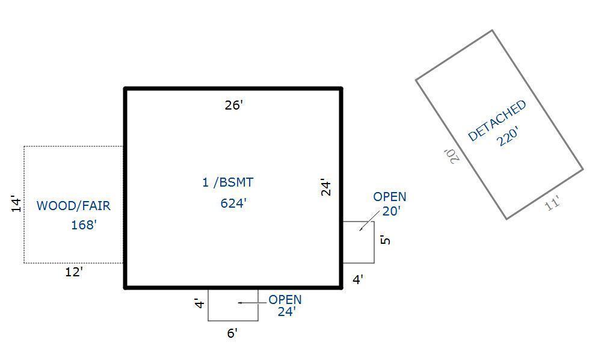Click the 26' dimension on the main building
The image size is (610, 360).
tap(233, 105)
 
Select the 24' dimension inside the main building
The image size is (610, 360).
tap(325, 187)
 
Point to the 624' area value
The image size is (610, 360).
tap(233, 203)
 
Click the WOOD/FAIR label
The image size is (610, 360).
tap(73, 206)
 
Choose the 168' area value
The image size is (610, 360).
tap(84, 225)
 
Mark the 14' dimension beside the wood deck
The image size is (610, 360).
tap(16, 204)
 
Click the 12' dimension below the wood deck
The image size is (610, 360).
tap(73, 272)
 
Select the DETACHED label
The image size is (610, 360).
tap(497, 120)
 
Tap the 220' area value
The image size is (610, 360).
tap(508, 138)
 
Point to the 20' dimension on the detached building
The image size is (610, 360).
tap(453, 155)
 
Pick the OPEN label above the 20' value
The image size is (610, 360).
tap(389, 197)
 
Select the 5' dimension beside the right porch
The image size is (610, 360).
tap(386, 240)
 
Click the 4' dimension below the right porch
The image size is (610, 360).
tap(357, 279)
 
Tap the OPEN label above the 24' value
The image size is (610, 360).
tap(285, 300)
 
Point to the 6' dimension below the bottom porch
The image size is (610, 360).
tap(232, 333)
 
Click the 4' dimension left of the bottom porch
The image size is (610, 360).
tap(200, 303)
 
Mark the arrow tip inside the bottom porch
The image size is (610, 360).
tap(239, 303)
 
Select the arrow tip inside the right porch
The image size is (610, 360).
tap(360, 230)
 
